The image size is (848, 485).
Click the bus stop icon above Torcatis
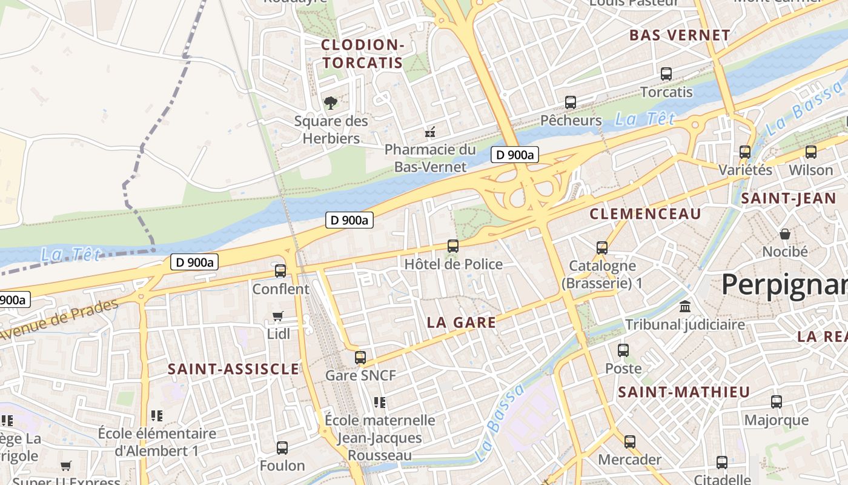[666, 74]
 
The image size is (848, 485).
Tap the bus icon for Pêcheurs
[570, 102]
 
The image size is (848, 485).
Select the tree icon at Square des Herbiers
[330, 102]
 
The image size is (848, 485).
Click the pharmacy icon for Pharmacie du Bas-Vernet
[431, 131]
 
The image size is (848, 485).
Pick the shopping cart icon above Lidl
[278, 315]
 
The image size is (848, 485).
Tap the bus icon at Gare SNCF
[360, 357]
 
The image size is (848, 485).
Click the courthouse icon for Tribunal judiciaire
[685, 306]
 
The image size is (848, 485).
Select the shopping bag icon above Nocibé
[785, 233]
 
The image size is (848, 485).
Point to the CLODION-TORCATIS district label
[362, 53]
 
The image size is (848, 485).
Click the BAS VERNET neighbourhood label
[680, 35]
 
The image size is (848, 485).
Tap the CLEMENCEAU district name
[645, 213]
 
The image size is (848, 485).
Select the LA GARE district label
[462, 323]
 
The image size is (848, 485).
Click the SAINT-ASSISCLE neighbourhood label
[233, 369]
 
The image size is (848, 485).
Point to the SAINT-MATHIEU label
[684, 392]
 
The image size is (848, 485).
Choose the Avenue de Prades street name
[59, 319]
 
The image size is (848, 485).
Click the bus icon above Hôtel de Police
[453, 246]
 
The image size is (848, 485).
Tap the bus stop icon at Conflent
[280, 270]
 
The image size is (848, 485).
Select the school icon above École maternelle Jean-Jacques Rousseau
[380, 402]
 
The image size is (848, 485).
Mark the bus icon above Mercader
[630, 441]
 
